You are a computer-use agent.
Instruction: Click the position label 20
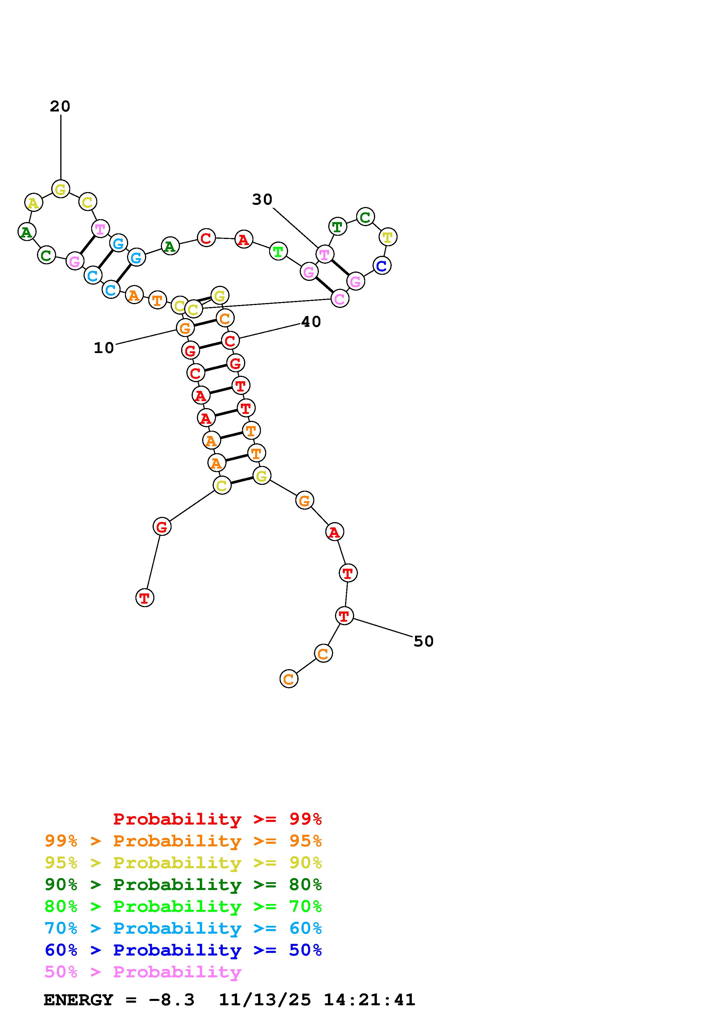(60, 106)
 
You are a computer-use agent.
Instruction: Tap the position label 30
(262, 200)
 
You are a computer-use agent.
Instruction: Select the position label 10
(104, 348)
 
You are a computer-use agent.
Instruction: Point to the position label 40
(311, 322)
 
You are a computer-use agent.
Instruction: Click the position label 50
(423, 641)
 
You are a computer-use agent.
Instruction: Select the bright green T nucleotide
(278, 252)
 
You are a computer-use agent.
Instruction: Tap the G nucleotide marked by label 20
(61, 189)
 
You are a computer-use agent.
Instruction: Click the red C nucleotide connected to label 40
(230, 341)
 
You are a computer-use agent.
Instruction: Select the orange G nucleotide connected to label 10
(185, 329)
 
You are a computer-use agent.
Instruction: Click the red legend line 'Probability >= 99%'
(218, 819)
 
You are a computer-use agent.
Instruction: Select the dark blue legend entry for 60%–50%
(183, 950)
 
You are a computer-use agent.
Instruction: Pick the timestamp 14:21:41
(369, 1000)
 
